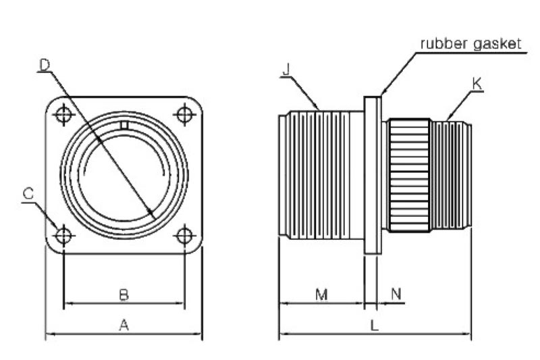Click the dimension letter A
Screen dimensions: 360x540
(124, 326)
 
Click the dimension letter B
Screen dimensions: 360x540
(124, 294)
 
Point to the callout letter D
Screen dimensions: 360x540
(45, 65)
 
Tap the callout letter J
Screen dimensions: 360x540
(286, 70)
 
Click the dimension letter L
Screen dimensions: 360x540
(375, 326)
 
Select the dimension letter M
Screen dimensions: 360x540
(321, 294)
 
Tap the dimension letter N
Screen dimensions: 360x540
(396, 294)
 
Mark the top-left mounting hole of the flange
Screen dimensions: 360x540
(63, 115)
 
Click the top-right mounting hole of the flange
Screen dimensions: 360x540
(184, 115)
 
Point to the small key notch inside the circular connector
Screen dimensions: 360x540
(124, 125)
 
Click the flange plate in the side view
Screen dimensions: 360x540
(373, 176)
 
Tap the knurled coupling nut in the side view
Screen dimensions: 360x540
(409, 176)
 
